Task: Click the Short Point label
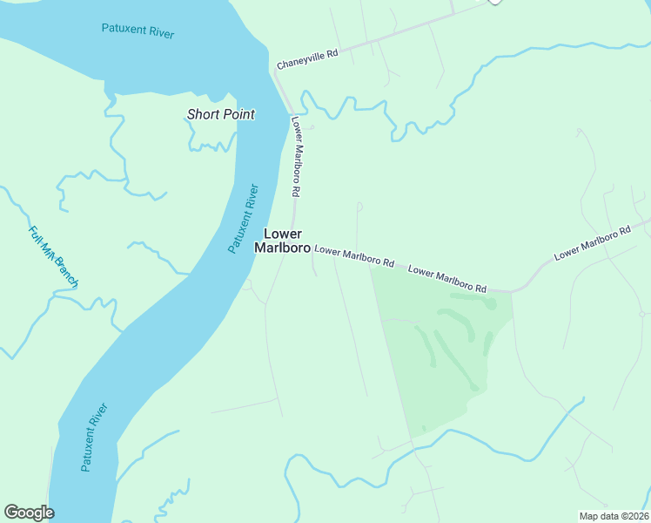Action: [221, 114]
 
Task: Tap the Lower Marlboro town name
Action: [282, 241]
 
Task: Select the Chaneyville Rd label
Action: [307, 59]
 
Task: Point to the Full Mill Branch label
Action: [53, 258]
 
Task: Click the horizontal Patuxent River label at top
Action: [138, 31]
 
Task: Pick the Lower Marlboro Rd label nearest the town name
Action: [354, 255]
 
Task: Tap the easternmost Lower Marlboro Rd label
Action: [592, 243]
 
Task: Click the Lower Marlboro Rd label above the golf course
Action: [446, 279]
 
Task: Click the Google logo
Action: [29, 513]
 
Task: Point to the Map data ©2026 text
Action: [613, 516]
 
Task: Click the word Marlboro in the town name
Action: [282, 248]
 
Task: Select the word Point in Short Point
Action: [238, 114]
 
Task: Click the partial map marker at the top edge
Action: [494, 2]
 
